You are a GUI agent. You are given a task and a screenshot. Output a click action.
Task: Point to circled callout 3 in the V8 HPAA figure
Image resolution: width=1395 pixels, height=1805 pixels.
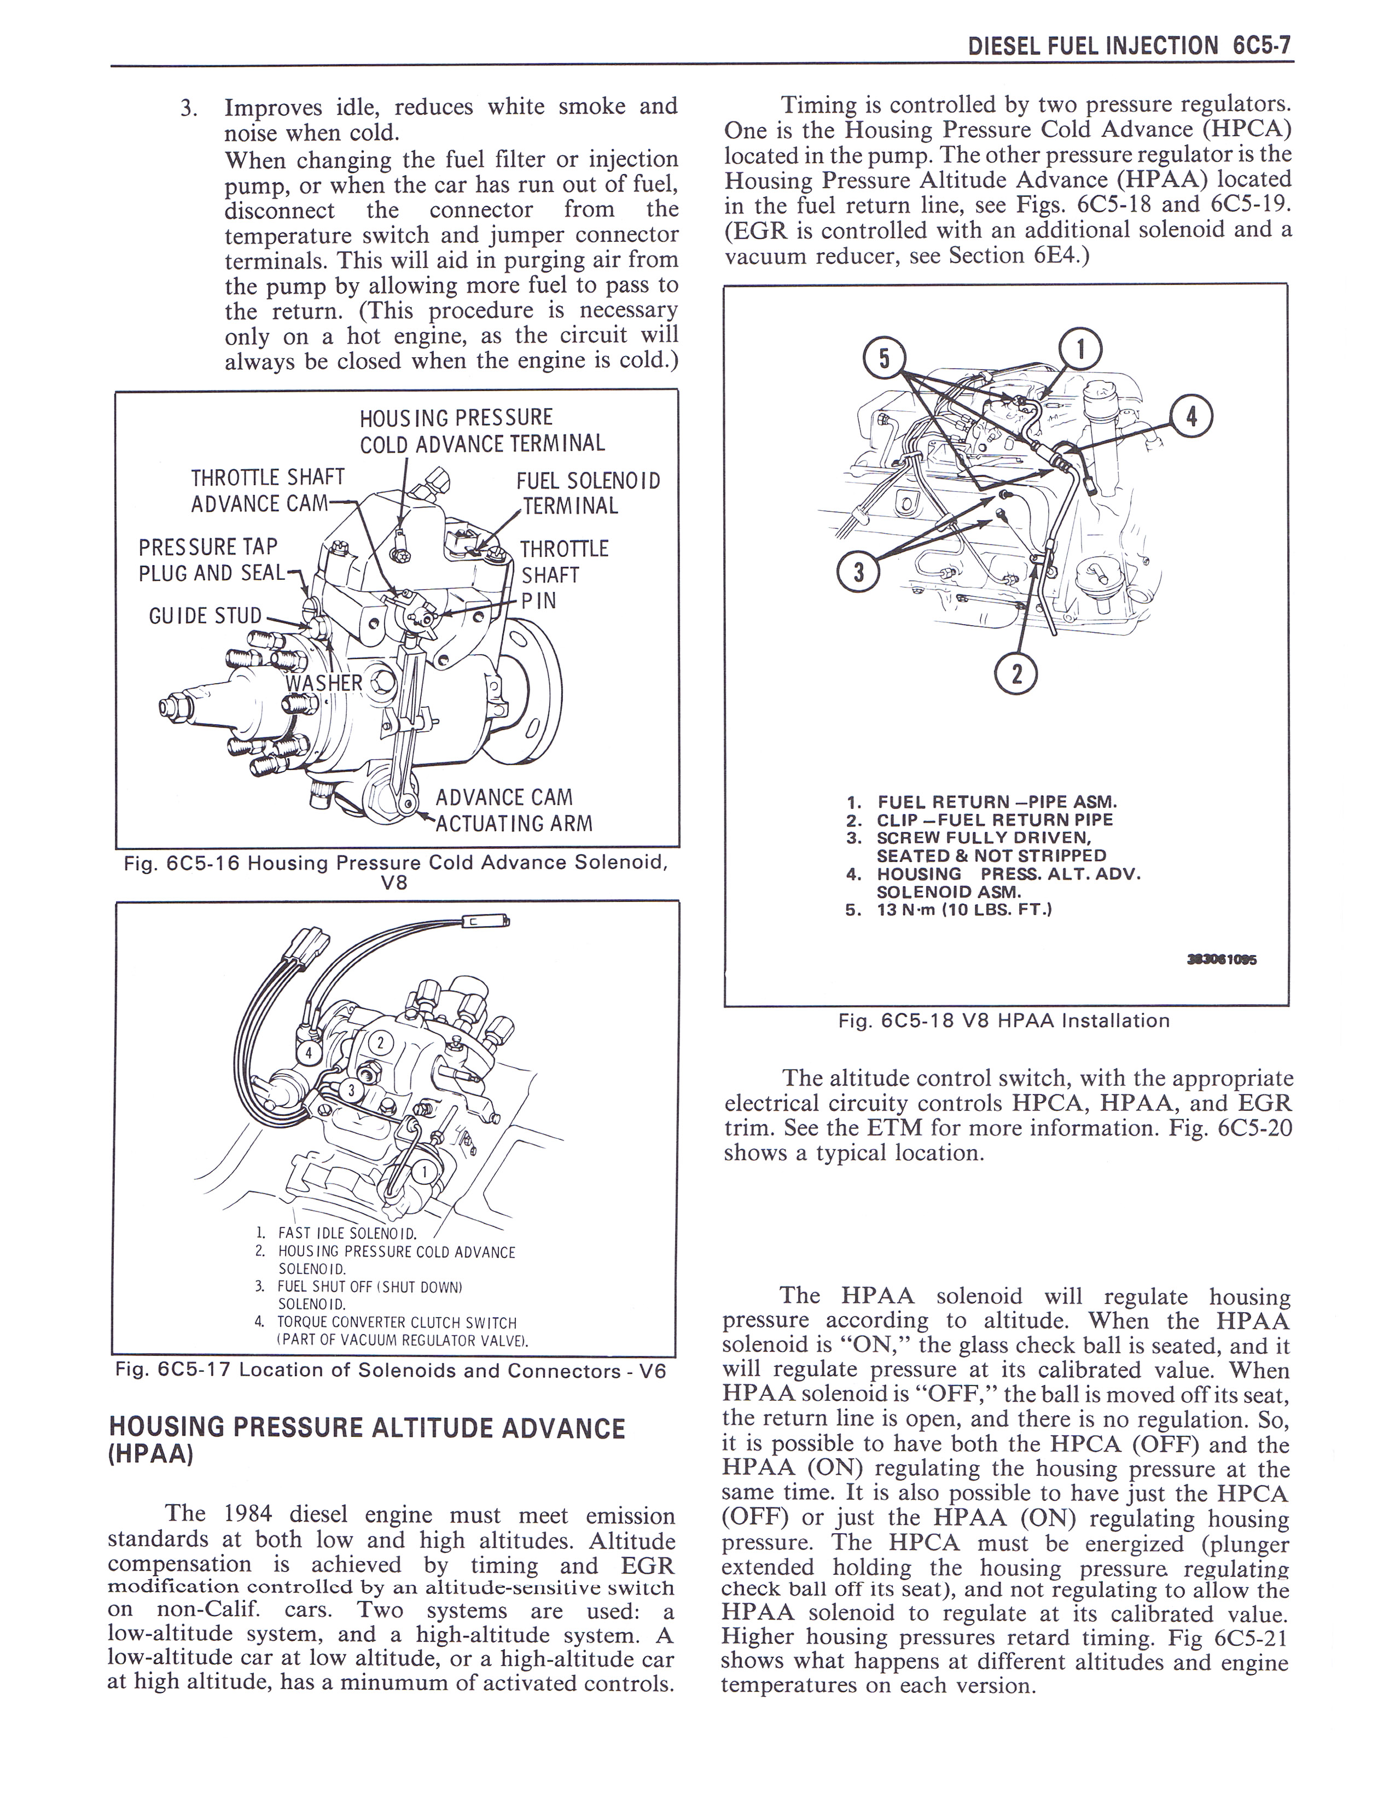coord(858,572)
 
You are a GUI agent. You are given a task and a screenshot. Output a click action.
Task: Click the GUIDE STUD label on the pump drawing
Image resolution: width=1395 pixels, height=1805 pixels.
coord(205,616)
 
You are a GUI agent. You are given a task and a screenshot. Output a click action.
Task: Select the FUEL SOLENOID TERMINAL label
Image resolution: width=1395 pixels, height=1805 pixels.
coord(587,493)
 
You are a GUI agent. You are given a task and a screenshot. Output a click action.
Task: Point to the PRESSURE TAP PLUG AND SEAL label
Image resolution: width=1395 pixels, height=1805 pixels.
coord(210,560)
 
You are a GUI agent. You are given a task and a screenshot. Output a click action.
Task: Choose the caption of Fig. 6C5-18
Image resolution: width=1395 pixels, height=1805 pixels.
coord(1004,1021)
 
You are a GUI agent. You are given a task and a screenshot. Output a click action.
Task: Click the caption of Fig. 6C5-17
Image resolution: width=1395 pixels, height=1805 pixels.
coord(390,1370)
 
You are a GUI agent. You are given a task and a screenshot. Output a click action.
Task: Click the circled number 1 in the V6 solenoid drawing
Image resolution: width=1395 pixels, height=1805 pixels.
coord(424,1173)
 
